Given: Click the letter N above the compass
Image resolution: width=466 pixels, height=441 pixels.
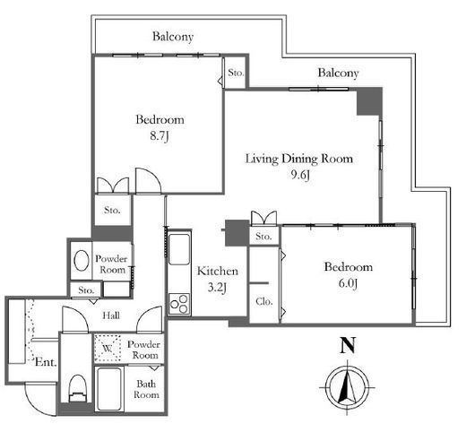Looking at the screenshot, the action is click(348, 346).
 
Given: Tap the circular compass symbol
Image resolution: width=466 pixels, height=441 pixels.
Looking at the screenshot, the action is click(348, 387).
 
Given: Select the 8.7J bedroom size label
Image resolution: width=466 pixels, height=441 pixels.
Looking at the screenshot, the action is click(160, 136).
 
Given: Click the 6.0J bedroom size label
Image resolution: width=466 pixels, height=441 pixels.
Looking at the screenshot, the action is click(349, 283).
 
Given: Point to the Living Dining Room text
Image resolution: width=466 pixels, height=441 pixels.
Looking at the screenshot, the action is click(299, 159).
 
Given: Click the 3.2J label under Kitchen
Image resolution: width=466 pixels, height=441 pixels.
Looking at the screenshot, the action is click(217, 288).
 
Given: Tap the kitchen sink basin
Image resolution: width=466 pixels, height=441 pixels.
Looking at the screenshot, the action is click(179, 249).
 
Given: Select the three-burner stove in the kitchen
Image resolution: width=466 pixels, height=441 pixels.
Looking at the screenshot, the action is click(179, 304).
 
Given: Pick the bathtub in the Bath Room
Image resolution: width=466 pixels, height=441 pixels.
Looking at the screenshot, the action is click(109, 389).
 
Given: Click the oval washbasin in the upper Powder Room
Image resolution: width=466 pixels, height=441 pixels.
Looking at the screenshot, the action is click(82, 261).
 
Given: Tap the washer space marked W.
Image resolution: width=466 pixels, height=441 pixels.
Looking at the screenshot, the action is click(108, 348).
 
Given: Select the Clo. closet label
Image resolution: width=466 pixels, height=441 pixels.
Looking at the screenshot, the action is click(264, 301).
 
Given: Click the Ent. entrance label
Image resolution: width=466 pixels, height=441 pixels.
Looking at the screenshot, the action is click(46, 362).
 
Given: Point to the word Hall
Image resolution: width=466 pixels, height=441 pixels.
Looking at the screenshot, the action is click(111, 316).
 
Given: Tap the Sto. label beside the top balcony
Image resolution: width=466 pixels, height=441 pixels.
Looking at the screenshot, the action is click(236, 73).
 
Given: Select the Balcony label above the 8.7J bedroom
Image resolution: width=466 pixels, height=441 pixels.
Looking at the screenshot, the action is click(173, 37).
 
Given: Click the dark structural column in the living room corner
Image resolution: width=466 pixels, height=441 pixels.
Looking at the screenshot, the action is click(369, 102).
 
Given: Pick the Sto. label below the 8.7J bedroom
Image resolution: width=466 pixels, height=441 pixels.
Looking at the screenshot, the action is click(112, 210).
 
